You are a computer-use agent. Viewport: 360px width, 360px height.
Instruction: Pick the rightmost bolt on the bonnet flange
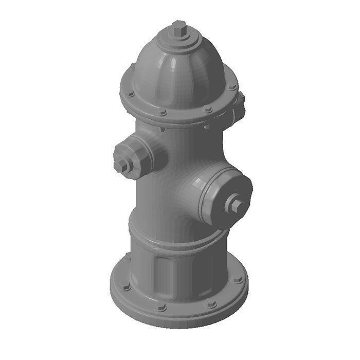click(232, 87)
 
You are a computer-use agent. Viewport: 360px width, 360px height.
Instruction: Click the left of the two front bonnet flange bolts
click(163, 112)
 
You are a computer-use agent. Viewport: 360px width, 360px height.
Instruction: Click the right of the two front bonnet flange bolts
click(208, 109)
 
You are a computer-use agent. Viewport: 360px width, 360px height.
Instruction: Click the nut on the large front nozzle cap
click(236, 205)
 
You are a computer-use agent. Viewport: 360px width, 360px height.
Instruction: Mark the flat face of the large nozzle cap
click(229, 198)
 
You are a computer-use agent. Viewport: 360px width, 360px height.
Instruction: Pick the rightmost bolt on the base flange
click(237, 279)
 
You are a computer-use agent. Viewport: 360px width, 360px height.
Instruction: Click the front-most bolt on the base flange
click(161, 307)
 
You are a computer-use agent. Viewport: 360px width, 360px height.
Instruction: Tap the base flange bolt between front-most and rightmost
click(210, 303)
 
